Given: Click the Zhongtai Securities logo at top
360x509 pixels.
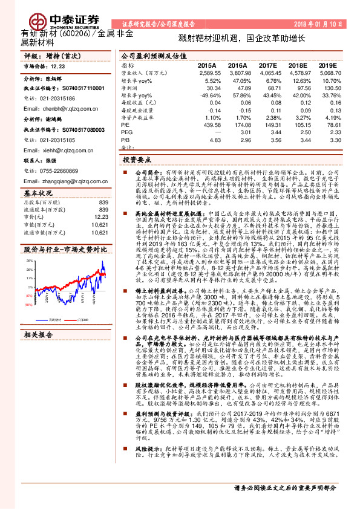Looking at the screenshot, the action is click(61, 19).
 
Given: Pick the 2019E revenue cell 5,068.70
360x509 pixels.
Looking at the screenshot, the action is click(324, 72).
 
